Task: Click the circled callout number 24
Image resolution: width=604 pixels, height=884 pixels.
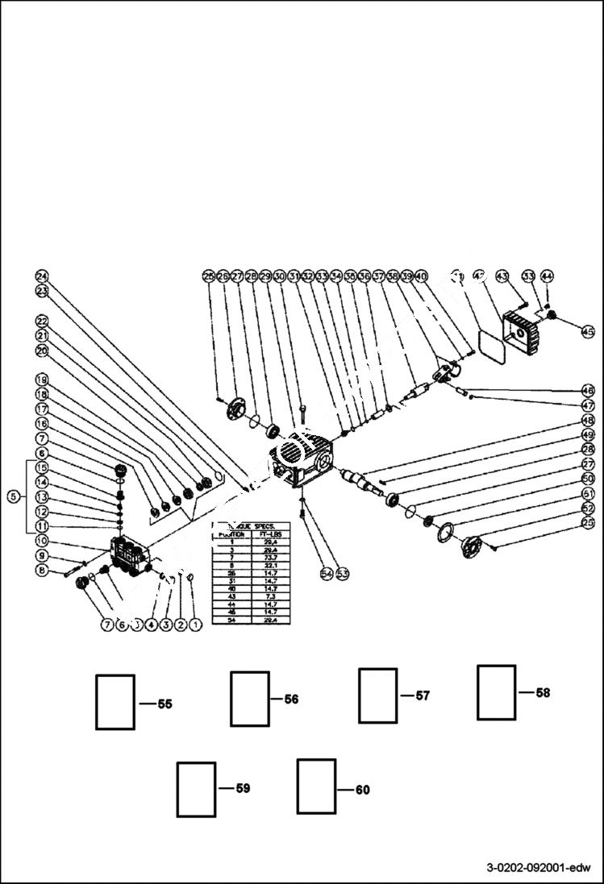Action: click(42, 275)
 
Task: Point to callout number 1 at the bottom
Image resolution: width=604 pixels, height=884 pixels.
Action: click(194, 624)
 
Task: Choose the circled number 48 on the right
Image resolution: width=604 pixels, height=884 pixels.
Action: click(589, 421)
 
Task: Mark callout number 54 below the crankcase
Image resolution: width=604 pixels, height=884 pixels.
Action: click(327, 573)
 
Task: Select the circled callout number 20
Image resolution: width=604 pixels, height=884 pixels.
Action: click(42, 350)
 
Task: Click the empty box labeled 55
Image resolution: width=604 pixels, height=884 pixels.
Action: click(115, 702)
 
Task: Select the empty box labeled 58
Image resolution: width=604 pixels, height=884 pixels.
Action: click(496, 692)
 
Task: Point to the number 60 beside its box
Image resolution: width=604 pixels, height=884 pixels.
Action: click(362, 790)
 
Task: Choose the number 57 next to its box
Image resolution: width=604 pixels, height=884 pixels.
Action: click(423, 695)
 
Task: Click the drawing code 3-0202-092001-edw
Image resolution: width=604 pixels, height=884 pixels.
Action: click(539, 868)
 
